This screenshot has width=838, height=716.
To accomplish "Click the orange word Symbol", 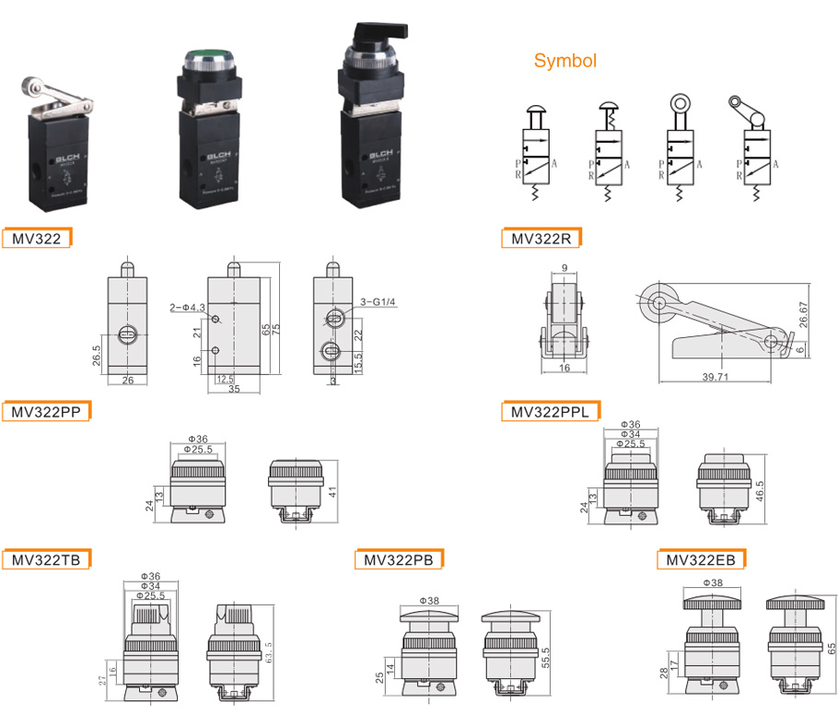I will [x=565, y=62].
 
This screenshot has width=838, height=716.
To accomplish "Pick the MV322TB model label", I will [x=46, y=559].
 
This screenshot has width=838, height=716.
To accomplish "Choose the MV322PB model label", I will [x=399, y=559].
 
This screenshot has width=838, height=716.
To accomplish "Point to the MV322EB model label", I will [x=701, y=559].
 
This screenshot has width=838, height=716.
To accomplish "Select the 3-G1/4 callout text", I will [x=377, y=300].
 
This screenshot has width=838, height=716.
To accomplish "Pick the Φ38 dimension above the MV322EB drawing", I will [x=711, y=582].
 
